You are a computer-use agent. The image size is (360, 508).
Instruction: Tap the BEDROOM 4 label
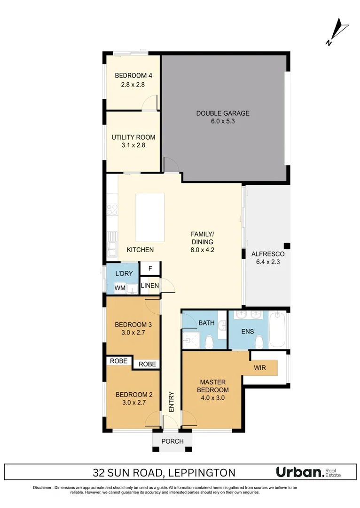pos(133,76)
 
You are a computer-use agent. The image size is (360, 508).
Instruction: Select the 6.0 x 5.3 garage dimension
pos(223,121)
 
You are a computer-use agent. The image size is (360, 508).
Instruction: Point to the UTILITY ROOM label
pos(133,137)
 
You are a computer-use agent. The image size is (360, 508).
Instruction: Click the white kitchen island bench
pos(150,217)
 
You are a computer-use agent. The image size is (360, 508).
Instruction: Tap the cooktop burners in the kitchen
pos(112,209)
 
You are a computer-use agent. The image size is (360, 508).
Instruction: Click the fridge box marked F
pos(150,269)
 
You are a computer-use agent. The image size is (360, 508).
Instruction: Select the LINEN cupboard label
pos(150,286)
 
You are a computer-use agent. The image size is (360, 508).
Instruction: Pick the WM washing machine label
pos(119,288)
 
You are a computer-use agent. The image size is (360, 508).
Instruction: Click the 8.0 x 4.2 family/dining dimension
pos(202,250)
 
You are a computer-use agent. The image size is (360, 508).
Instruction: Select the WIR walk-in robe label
pos(259,367)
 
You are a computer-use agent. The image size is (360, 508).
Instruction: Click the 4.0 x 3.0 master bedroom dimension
pos(214,398)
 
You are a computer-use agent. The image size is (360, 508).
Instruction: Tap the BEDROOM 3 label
pos(133,325)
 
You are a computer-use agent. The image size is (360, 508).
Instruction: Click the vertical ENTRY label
pos(171,402)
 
